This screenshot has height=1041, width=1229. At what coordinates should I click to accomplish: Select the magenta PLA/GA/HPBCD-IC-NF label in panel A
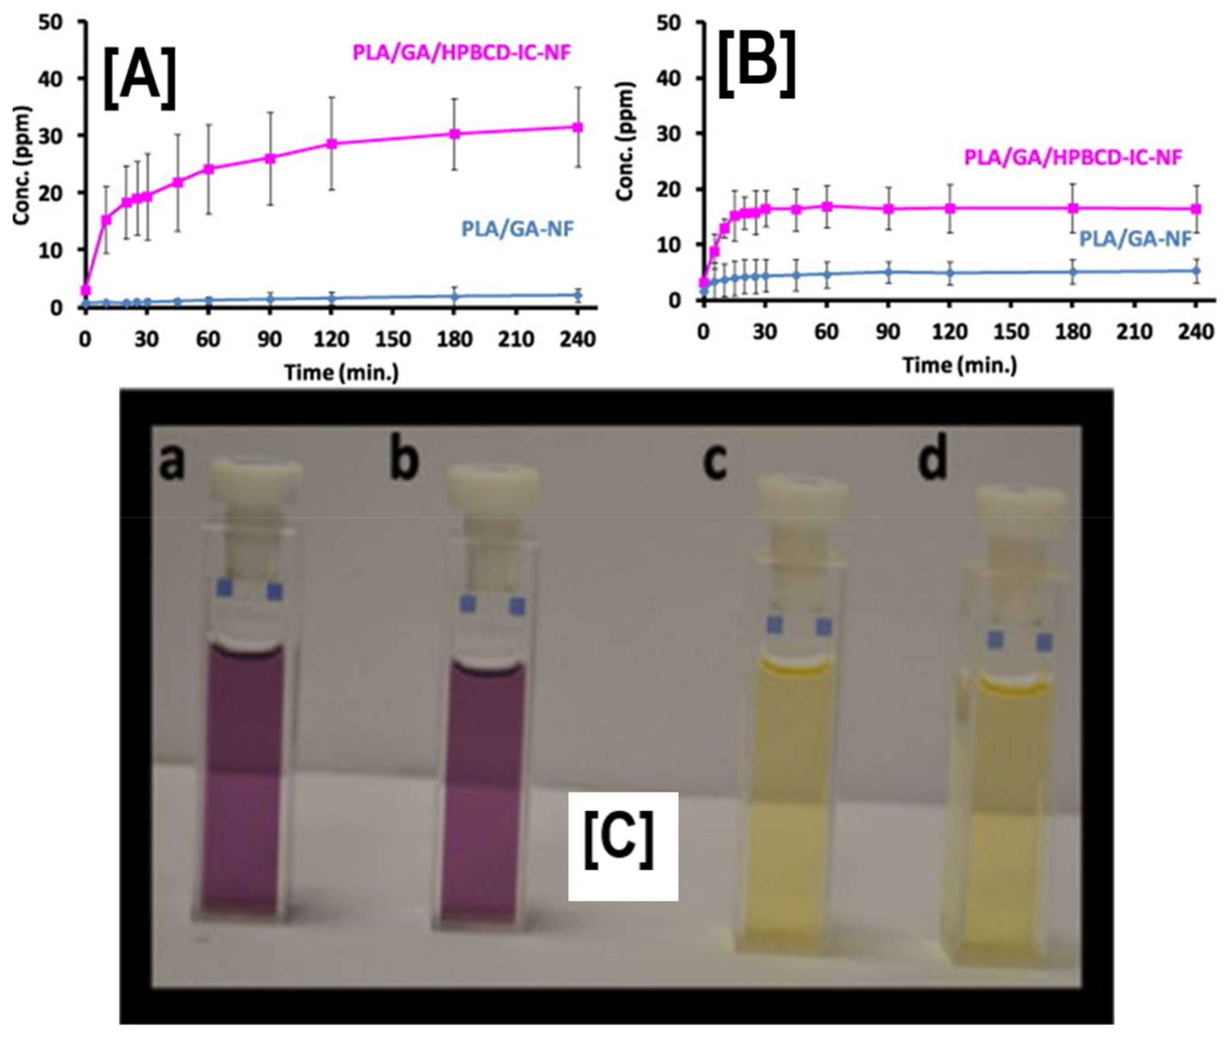(461, 52)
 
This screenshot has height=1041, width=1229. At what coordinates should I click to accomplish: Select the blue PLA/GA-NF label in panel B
(1135, 239)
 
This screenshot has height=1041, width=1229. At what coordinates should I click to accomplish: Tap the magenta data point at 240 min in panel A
(578, 127)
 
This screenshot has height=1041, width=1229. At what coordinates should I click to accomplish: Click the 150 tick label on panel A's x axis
(393, 340)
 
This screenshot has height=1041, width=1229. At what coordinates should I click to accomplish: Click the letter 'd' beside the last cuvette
(933, 459)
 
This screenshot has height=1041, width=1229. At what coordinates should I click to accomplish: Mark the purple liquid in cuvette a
(243, 779)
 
